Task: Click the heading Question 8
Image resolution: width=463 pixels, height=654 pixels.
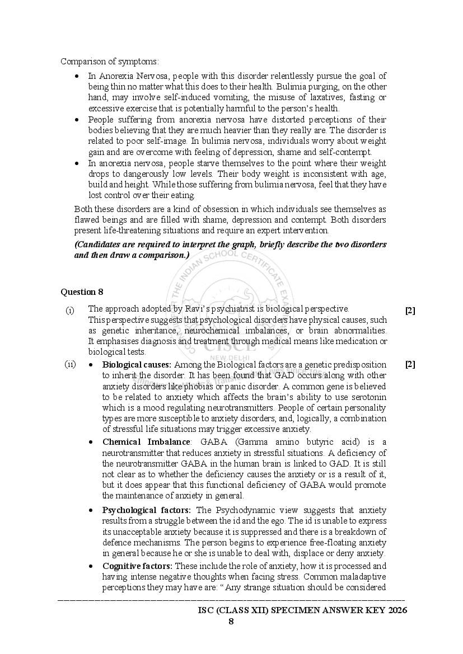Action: click(82, 291)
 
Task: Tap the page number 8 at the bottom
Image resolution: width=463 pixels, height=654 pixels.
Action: click(231, 621)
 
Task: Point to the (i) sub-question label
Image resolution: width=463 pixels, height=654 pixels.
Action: click(69, 309)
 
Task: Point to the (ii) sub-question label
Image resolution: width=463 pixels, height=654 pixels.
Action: click(70, 364)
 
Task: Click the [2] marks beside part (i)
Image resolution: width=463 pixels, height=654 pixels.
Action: click(410, 310)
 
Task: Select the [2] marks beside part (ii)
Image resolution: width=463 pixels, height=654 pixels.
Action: click(410, 364)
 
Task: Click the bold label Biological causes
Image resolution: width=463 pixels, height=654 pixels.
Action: click(137, 365)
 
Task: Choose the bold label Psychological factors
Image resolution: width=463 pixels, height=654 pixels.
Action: click(146, 510)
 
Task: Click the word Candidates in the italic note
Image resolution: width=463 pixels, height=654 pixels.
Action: click(98, 244)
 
